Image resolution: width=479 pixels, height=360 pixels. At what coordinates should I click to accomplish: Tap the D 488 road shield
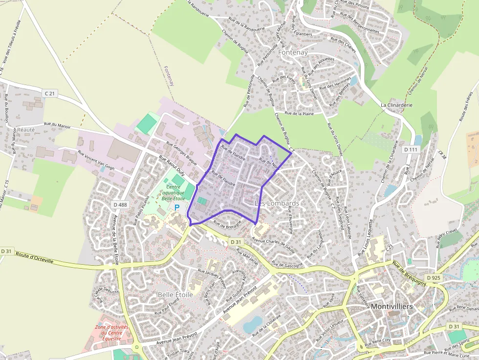point(119,204)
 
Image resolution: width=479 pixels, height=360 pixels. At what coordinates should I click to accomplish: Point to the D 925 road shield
point(434,277)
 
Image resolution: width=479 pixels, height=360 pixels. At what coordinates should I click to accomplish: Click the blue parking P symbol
point(177,207)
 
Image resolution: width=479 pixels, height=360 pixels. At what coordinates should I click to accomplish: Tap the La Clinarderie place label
point(396,105)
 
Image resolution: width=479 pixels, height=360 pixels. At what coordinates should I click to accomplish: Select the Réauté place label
point(26,130)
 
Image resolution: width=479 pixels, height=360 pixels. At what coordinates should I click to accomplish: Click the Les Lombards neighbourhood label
point(277,203)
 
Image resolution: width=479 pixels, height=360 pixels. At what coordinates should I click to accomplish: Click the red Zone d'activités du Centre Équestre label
point(111,333)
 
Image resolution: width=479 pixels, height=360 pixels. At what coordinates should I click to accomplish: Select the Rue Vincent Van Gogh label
point(96,160)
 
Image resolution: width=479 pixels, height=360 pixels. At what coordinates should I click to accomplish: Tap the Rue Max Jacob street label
point(247,256)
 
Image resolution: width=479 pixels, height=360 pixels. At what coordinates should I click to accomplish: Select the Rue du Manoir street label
point(58,126)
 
